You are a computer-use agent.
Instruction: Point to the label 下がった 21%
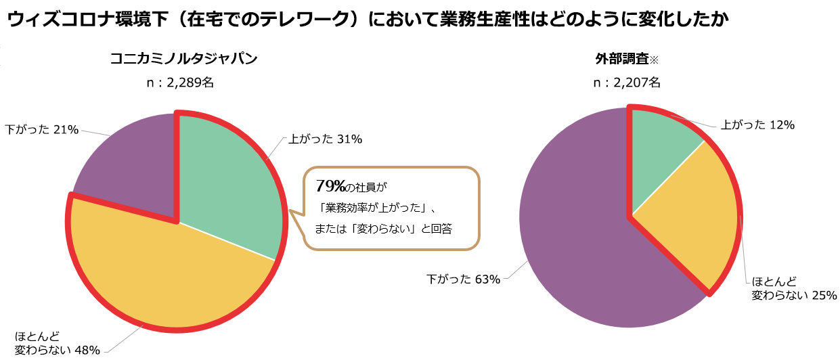pos(42,129)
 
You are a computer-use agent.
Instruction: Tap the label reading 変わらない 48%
pos(58,350)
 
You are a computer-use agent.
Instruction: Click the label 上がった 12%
pos(757,125)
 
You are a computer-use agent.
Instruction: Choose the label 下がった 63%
pos(463,279)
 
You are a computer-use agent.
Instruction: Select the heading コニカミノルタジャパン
pos(184,59)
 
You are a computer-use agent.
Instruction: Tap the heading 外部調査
pos(621,59)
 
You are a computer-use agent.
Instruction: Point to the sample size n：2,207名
pos(626,83)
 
